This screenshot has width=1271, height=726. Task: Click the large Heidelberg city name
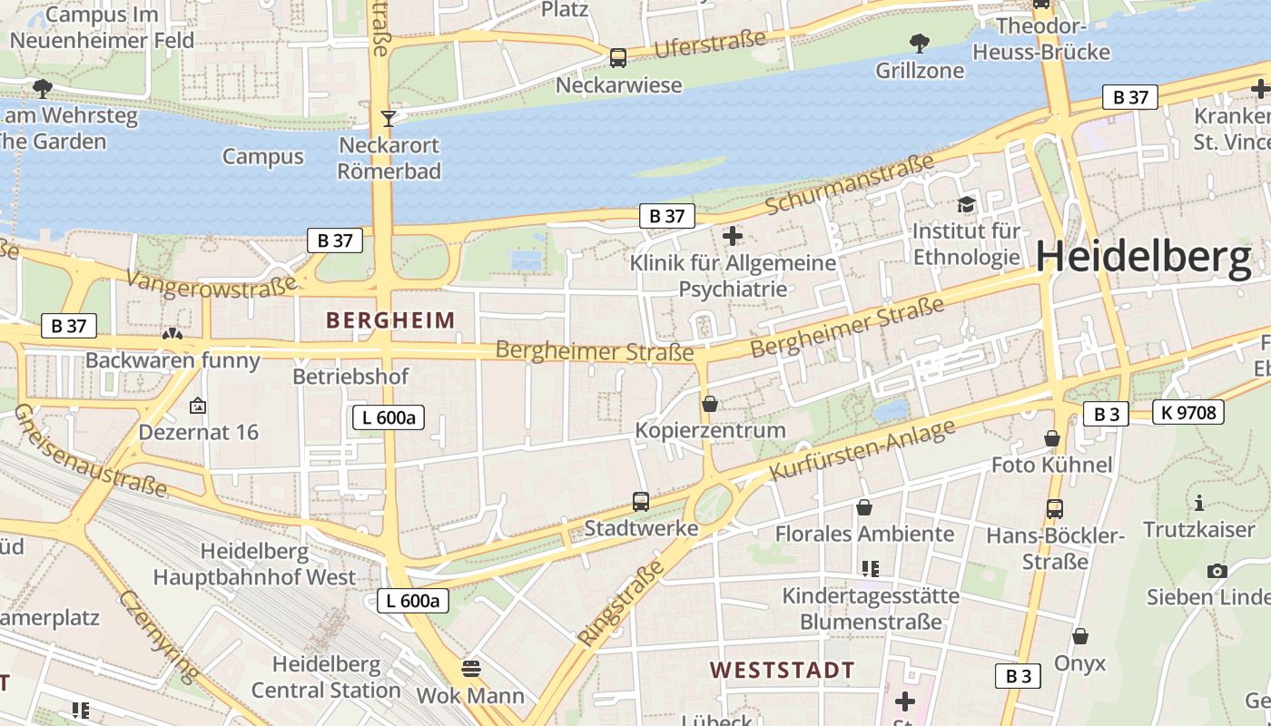point(1144,257)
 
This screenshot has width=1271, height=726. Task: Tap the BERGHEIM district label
point(390,320)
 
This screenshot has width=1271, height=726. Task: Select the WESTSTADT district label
point(782,671)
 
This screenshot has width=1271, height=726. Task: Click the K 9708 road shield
point(1187,413)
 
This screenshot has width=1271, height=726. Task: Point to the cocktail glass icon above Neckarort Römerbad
point(389,118)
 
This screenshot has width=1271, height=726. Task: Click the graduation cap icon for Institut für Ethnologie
point(966,205)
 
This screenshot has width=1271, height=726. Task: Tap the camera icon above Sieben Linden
point(1217,571)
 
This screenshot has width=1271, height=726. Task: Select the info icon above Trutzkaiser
point(1199,503)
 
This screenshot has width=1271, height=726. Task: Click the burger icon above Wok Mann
point(470,670)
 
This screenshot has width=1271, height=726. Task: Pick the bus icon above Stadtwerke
point(641,502)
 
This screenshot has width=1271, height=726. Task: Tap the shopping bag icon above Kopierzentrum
point(710,404)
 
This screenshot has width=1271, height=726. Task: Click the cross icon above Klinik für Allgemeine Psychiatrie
point(733,237)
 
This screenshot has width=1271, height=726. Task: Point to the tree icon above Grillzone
point(920,43)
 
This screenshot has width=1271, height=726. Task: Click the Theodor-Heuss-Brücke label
point(1041,39)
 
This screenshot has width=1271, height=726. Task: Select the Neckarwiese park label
point(618,85)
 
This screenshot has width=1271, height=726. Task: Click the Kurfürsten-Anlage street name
point(862,450)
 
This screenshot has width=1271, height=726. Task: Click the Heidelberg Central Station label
point(326,677)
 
